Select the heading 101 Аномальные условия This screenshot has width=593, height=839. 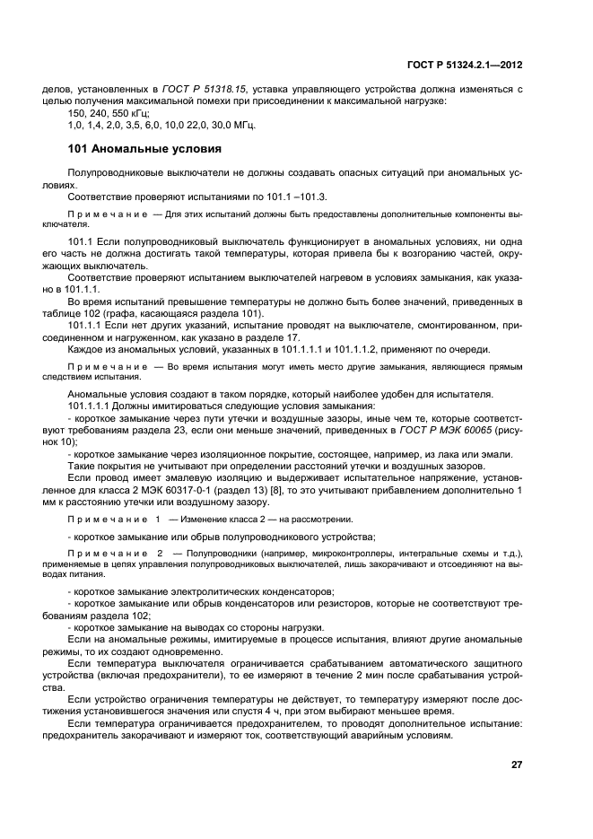pos(144,148)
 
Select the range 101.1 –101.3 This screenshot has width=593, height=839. pos(299,196)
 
